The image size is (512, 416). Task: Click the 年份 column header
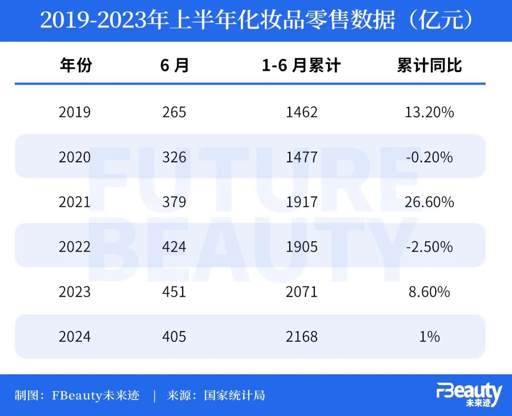[76, 66]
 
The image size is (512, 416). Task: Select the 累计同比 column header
[430, 66]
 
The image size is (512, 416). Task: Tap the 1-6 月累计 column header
[301, 66]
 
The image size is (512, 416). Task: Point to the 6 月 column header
[174, 66]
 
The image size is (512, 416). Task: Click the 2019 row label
[74, 112]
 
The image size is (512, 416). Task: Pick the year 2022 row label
[74, 247]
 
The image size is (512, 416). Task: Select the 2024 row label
[74, 337]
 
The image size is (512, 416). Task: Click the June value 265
[174, 112]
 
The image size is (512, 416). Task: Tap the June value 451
[174, 292]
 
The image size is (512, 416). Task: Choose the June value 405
[174, 337]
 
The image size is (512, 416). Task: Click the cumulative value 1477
[302, 157]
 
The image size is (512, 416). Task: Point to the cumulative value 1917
[302, 202]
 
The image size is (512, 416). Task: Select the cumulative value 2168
[302, 337]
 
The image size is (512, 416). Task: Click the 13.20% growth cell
[430, 112]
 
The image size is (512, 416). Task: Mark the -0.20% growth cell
[430, 157]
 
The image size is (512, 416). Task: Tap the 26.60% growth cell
[430, 202]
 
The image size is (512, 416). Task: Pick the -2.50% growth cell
[430, 247]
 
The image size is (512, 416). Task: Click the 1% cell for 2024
[430, 337]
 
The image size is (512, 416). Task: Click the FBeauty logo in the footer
[469, 395]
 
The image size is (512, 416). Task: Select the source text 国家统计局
[235, 395]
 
